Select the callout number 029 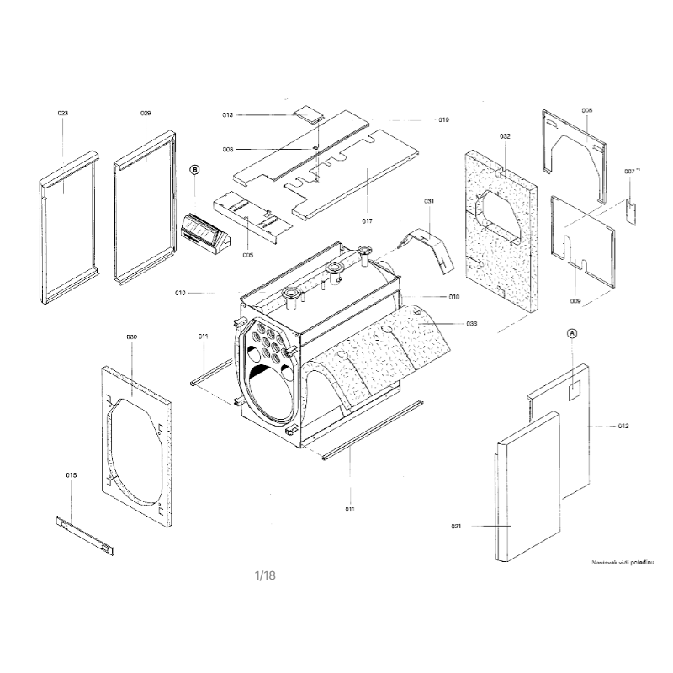[146, 113]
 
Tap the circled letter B [195, 169]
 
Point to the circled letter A [573, 333]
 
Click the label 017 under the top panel [367, 221]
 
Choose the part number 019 [443, 119]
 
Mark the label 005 [248, 255]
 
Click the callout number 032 [505, 136]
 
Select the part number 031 [429, 201]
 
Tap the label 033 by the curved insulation [472, 323]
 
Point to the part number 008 [586, 110]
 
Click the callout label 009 [575, 300]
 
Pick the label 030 [131, 336]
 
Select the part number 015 [72, 475]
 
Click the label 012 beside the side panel [623, 427]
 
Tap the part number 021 [457, 527]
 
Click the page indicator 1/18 [265, 575]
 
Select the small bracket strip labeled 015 [85, 536]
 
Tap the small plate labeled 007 [632, 209]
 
